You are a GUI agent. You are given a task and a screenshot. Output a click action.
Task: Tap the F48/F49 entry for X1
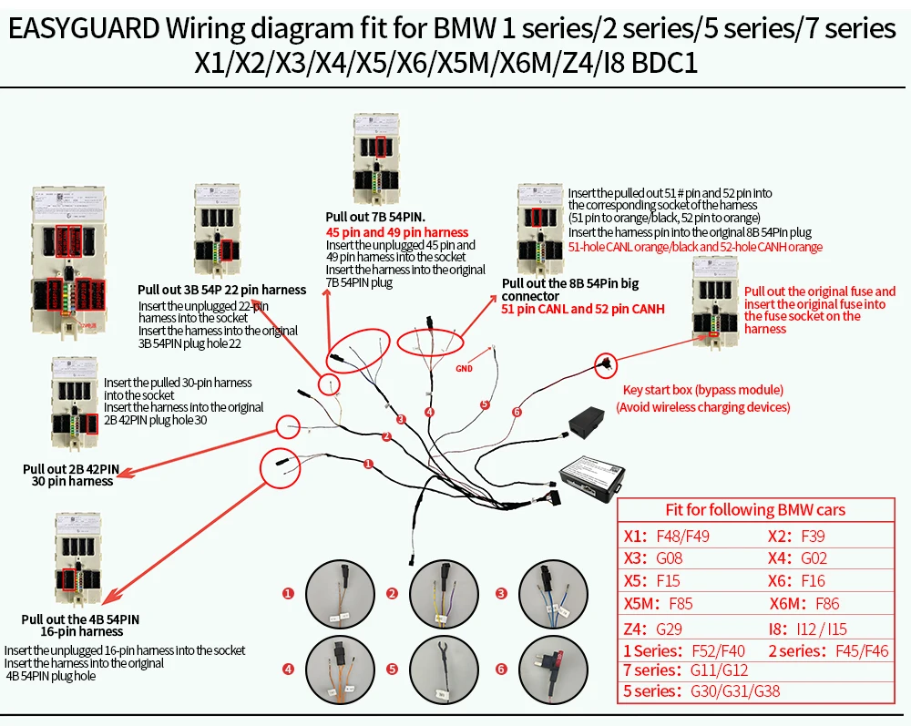point(682,536)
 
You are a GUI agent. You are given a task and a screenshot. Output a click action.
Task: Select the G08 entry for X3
point(669,558)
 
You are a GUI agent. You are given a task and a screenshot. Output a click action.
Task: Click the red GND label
point(465,368)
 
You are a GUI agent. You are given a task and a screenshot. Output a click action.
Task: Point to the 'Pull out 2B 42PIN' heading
point(71,468)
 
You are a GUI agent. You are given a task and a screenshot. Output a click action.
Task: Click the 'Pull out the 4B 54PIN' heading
point(81,619)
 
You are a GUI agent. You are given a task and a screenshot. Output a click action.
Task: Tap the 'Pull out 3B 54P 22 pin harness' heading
point(221,290)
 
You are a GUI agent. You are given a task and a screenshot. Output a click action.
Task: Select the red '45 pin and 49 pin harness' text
point(397,232)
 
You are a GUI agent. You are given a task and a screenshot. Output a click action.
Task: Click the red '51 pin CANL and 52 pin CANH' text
point(583,309)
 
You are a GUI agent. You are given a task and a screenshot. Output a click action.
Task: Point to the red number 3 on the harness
point(400,419)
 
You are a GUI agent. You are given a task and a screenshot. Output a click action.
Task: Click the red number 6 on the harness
point(517,412)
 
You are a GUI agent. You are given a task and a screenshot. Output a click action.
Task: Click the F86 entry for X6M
point(827,603)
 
